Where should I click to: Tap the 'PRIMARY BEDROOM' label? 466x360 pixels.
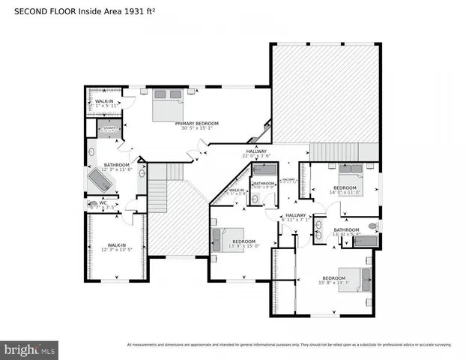click(x=196, y=123)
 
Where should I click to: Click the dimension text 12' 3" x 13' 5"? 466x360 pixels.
click(x=116, y=250)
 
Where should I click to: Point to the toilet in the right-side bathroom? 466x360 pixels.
click(x=373, y=225)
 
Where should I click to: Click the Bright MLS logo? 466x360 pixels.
click(x=30, y=349)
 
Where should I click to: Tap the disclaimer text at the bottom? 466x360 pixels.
click(x=289, y=344)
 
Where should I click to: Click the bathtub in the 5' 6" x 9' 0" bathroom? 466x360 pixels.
click(x=264, y=175)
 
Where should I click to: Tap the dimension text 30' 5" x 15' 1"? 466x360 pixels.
click(x=196, y=128)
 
